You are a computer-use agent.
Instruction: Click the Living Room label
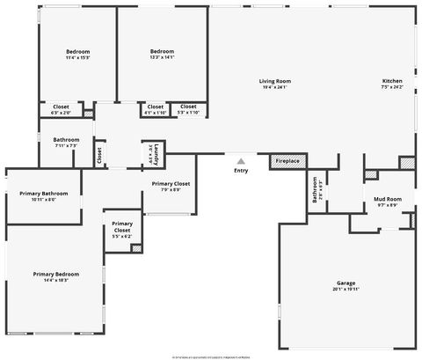pyautogui.click(x=274, y=81)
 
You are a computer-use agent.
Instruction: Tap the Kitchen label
pyautogui.click(x=391, y=81)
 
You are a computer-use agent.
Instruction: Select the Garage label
pyautogui.click(x=346, y=283)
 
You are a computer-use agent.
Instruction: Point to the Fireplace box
pyautogui.click(x=287, y=161)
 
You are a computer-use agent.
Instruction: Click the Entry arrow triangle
pyautogui.click(x=240, y=160)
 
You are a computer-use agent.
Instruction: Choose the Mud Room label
pyautogui.click(x=388, y=200)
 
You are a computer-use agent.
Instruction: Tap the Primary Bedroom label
pyautogui.click(x=51, y=274)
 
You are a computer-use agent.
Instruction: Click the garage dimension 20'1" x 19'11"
pyautogui.click(x=346, y=288)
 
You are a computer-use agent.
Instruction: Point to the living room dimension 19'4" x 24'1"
pyautogui.click(x=274, y=87)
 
